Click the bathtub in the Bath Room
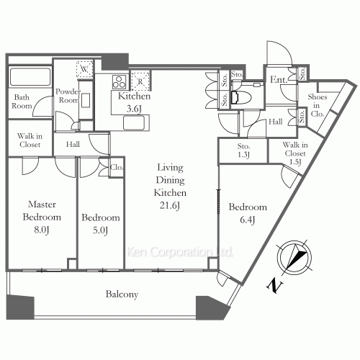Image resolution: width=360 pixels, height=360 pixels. tap(30, 77)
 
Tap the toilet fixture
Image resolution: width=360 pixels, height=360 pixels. tap(241, 98)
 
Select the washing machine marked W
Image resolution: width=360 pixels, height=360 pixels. tap(84, 69)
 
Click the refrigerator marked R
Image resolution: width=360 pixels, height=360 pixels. tap(140, 81)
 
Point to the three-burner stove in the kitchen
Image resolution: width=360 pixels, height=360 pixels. tap(120, 82)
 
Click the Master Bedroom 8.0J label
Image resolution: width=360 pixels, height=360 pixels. tap(42, 217)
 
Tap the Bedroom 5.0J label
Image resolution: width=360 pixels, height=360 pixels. tap(101, 224)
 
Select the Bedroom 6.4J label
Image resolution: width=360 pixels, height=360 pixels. tap(248, 213)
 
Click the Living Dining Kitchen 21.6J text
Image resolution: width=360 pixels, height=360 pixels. tap(170, 186)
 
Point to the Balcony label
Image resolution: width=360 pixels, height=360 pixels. tap(122, 294)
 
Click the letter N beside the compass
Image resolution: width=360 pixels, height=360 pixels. tap(274, 286)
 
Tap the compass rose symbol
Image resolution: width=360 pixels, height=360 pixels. tap(294, 257)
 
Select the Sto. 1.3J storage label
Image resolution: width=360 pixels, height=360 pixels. tap(243, 150)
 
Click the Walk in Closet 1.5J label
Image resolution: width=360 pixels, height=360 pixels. tap(295, 153)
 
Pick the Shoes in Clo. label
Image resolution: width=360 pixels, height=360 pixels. tap(318, 105)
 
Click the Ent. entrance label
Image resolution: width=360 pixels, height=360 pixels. tap(279, 79)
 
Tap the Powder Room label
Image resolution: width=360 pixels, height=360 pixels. tap(68, 96)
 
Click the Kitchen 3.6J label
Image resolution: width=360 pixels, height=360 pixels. tap(134, 102)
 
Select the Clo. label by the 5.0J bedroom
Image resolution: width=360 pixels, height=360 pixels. tap(117, 167)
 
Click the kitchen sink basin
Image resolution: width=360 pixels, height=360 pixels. tap(134, 123)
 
